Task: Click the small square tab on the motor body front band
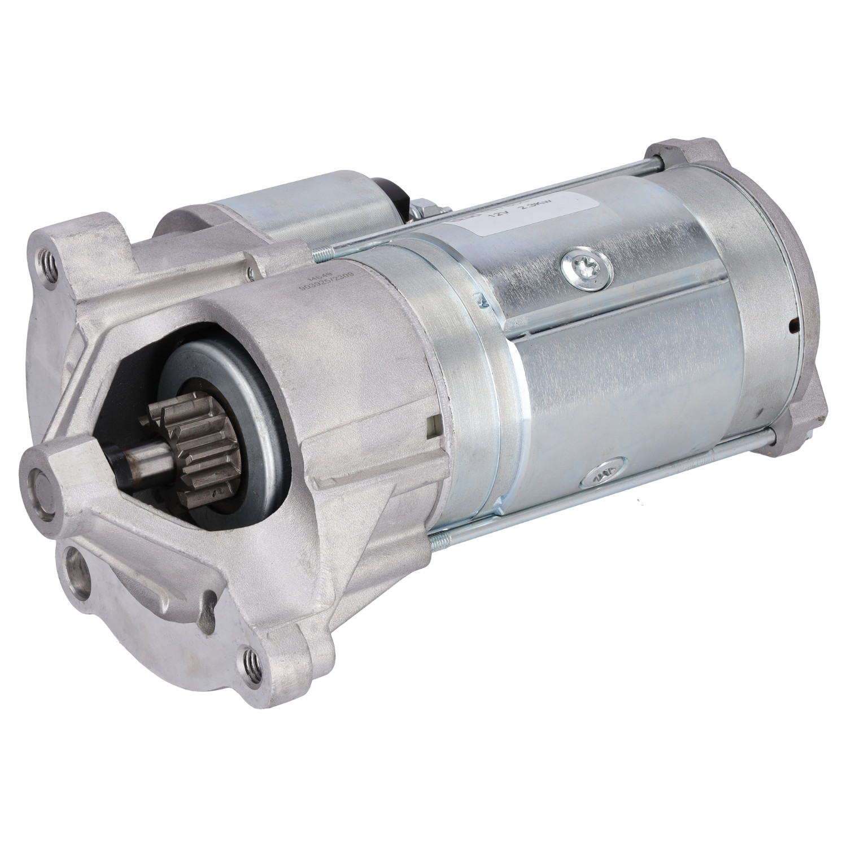(x=434, y=424)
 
